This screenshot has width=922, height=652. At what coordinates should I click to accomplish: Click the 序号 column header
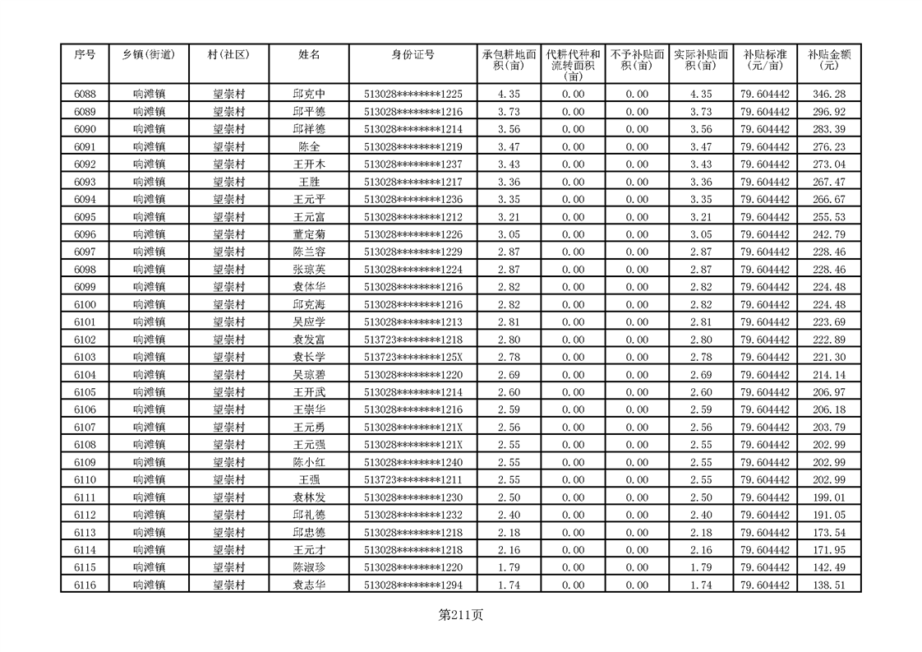(x=85, y=55)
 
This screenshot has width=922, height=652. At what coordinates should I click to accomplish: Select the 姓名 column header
(x=309, y=55)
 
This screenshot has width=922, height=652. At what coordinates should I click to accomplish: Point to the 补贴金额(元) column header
(x=828, y=60)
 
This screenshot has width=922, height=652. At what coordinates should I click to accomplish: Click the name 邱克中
(x=309, y=95)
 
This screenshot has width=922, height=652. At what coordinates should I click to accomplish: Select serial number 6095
(x=85, y=217)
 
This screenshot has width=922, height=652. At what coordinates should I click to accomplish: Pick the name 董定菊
(x=309, y=234)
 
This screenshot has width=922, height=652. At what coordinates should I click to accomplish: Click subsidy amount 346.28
(x=828, y=95)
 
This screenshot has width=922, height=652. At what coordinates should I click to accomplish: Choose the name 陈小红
(x=309, y=462)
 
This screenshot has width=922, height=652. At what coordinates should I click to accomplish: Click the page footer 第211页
(x=461, y=615)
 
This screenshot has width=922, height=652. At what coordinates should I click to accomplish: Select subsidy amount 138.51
(x=828, y=585)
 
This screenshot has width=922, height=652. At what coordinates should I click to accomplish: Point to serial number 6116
(x=85, y=585)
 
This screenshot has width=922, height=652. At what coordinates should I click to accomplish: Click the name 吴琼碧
(x=309, y=374)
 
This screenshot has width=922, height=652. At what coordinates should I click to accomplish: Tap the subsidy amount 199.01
(x=828, y=497)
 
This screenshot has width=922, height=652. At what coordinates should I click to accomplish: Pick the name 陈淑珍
(x=309, y=567)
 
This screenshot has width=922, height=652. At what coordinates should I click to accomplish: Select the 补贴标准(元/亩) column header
(x=764, y=60)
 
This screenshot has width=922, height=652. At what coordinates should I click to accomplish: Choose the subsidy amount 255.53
(x=828, y=217)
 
